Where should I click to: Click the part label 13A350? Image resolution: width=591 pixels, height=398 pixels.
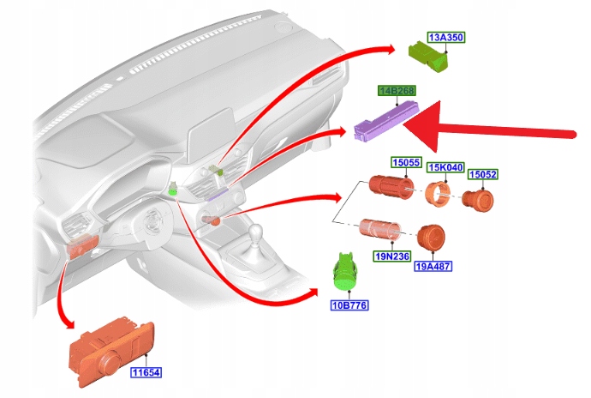coord(445,38)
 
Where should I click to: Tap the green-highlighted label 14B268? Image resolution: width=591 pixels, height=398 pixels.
coord(397,90)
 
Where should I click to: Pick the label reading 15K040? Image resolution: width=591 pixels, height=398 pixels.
coord(445,168)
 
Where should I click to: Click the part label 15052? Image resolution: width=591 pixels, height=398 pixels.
coord(482,175)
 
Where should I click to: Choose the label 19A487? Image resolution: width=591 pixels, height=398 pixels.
coord(433,266)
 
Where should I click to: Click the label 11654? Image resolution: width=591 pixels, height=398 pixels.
coord(146,372)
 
